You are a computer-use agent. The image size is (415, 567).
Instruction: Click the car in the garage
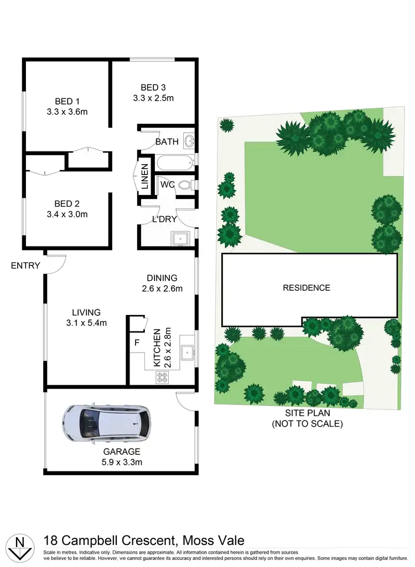pos(106,423)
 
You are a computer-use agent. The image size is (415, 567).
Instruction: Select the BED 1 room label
pos(67,101)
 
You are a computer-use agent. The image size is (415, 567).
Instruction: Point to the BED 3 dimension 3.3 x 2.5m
pos(153,98)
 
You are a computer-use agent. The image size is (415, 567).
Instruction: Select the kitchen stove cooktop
pos(163,377)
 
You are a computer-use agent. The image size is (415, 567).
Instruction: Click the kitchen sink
pos(186,350)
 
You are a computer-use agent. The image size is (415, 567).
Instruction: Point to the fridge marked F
pos(137,342)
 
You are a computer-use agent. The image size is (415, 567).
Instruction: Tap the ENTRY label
pos(25,266)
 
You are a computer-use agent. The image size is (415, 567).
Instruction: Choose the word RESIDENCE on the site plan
pos(306,287)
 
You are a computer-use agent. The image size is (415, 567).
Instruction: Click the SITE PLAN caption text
pos(307,413)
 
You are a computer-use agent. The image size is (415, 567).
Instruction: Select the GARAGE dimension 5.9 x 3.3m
pos(121,462)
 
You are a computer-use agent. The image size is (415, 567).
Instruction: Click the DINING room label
pos(162,278)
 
